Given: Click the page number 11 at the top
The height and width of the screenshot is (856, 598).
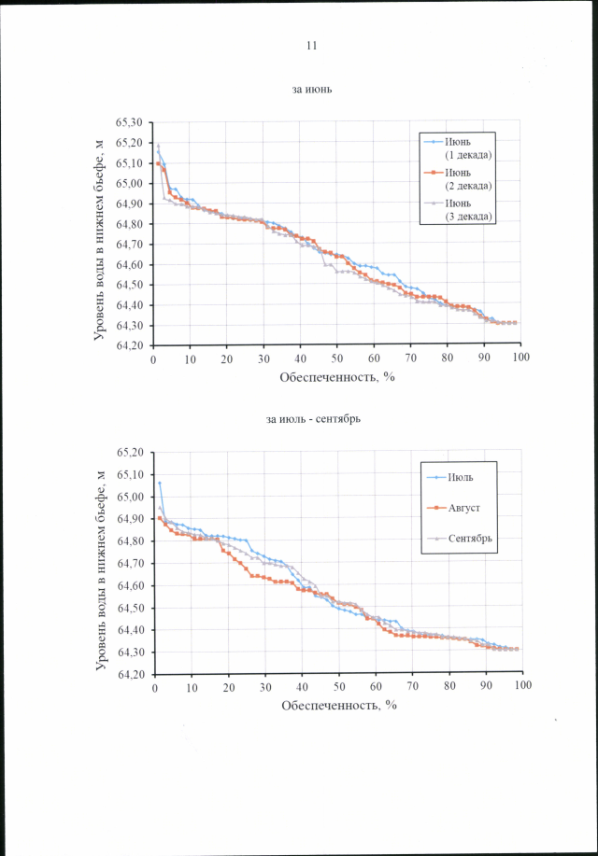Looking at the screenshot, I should click(x=312, y=46).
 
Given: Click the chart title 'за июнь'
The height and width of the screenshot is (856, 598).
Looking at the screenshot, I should click(x=312, y=91).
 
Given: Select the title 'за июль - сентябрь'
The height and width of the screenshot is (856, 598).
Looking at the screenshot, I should click(x=313, y=419).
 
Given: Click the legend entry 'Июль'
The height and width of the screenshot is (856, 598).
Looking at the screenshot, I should click(x=460, y=478).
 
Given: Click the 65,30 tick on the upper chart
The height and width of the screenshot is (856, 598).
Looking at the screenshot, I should click(x=129, y=123).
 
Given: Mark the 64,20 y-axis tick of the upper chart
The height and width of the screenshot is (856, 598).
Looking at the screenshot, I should click(x=129, y=346).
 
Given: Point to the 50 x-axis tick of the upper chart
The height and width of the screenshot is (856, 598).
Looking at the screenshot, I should click(x=337, y=358).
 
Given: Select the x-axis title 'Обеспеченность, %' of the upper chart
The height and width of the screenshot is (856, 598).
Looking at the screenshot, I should click(x=337, y=377).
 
